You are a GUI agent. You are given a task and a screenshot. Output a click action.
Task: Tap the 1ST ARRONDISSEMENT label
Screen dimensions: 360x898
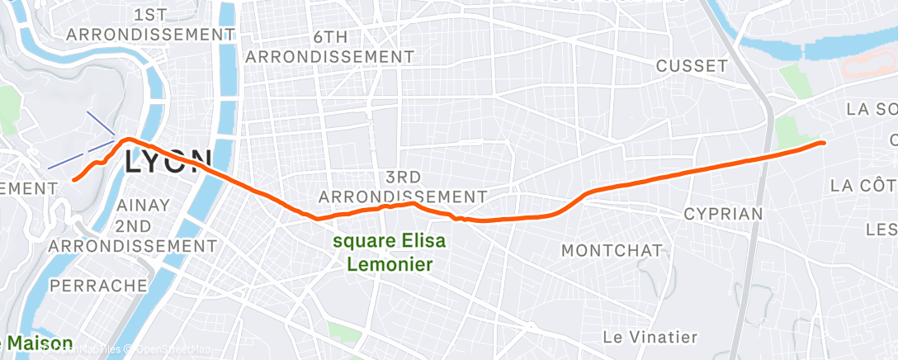point(149,25)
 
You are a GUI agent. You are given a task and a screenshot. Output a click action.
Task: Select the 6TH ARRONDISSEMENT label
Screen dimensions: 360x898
point(330,47)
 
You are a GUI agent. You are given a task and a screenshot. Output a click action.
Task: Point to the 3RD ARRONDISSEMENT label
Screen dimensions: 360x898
point(403,187)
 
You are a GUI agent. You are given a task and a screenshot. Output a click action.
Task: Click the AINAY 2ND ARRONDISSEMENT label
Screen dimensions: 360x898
point(132,225)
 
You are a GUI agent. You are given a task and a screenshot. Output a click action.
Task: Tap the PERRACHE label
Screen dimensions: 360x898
point(98,286)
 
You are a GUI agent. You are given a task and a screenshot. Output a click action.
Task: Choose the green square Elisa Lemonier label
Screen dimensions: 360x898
point(390,253)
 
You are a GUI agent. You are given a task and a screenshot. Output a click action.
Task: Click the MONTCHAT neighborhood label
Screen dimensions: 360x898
point(611,249)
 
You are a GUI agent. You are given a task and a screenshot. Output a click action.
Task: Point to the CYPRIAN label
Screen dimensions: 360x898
point(723,214)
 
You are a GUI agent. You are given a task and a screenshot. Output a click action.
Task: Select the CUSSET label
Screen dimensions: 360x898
point(692,66)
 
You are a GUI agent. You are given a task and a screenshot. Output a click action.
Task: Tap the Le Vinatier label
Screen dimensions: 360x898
point(650,337)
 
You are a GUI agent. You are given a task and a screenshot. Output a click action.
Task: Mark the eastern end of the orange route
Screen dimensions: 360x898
point(823,143)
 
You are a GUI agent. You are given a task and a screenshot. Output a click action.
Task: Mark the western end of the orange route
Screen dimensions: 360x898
point(74,178)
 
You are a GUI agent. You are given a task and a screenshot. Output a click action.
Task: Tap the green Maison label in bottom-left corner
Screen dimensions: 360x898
point(37,342)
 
